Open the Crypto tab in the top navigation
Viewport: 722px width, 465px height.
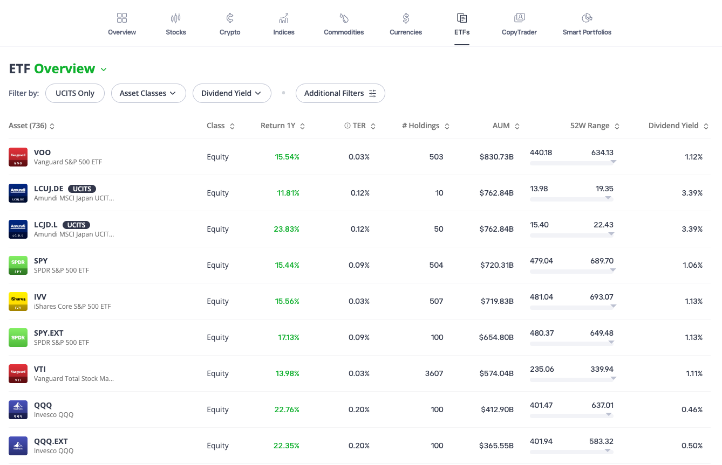click(230, 25)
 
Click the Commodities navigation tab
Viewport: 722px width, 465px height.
click(344, 25)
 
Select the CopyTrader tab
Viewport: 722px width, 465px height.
click(519, 25)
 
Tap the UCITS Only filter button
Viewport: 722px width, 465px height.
click(75, 93)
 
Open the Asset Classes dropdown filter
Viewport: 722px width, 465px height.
click(148, 93)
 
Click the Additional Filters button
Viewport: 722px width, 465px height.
click(340, 93)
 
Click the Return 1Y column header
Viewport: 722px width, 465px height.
click(278, 126)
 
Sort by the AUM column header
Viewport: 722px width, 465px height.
click(501, 126)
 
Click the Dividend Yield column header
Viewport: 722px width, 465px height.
click(673, 126)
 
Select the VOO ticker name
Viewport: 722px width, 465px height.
click(42, 152)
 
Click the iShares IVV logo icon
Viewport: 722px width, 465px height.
click(18, 301)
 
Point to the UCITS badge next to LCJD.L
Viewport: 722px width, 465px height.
click(77, 225)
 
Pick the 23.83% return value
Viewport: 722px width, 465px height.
click(287, 229)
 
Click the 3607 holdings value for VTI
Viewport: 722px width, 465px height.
click(434, 373)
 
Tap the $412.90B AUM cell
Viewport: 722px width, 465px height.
click(497, 410)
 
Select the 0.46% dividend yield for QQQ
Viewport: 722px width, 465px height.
click(692, 410)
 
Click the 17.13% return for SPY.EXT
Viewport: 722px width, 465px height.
click(289, 337)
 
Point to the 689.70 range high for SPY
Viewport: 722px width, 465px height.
click(602, 261)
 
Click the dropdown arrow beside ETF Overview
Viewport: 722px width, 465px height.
click(104, 70)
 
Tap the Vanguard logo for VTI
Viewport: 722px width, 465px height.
click(18, 373)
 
